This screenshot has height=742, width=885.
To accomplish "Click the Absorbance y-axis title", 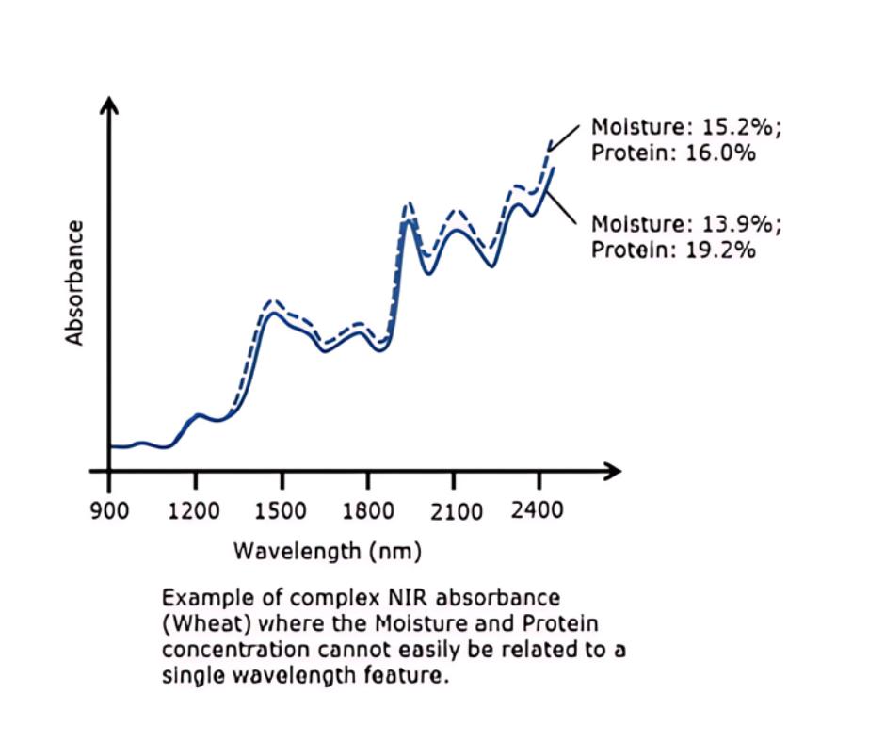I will click(x=75, y=283).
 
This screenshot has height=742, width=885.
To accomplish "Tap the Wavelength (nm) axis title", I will click(x=328, y=550).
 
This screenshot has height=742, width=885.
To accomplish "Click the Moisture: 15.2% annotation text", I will click(x=685, y=127).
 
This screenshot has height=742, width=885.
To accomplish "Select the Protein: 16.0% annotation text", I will click(x=673, y=153).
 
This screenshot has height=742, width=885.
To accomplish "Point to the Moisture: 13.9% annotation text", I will click(x=685, y=224).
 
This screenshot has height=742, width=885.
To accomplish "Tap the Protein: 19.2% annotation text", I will click(x=673, y=250).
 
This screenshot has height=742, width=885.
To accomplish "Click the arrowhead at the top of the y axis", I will click(x=109, y=105).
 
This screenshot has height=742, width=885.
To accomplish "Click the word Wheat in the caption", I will click(x=199, y=623).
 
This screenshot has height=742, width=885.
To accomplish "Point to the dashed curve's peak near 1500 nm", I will click(x=272, y=301).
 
